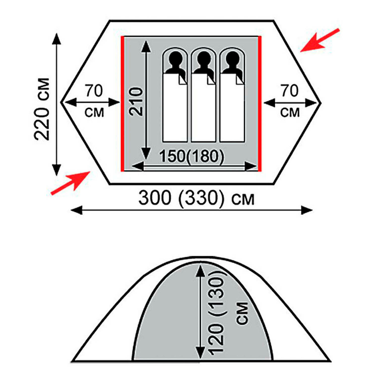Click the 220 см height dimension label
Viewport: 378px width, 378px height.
pyautogui.click(x=42, y=109)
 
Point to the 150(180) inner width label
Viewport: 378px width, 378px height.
pyautogui.click(x=192, y=156)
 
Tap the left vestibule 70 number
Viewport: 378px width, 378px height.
pyautogui.click(x=94, y=91)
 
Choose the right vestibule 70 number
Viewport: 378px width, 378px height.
pyautogui.click(x=290, y=91)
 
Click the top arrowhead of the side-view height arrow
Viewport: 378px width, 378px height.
pyautogui.click(x=200, y=271)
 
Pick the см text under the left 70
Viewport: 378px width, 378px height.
pyautogui.click(x=94, y=113)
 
